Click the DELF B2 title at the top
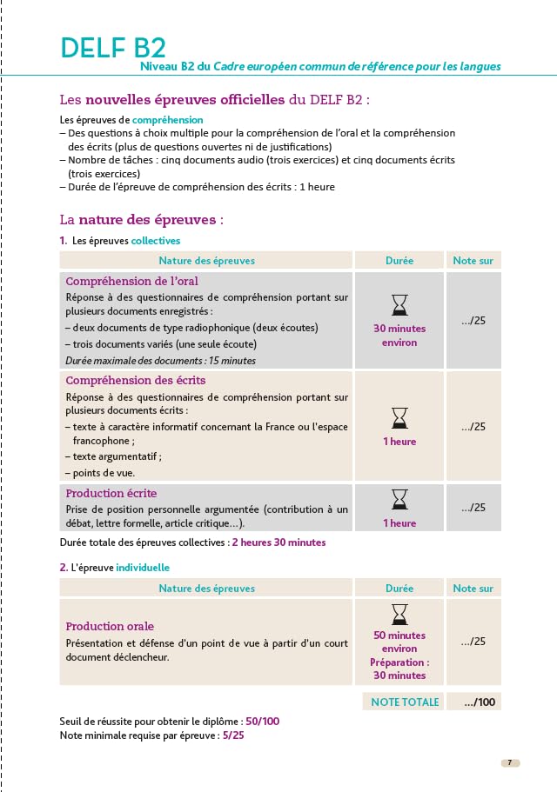click(x=113, y=48)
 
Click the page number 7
click(x=510, y=762)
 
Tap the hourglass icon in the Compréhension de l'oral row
click(x=399, y=304)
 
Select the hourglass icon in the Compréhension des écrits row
click(x=399, y=417)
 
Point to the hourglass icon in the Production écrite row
click(x=399, y=499)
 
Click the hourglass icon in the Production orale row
click(x=399, y=614)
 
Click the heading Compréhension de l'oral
click(x=132, y=281)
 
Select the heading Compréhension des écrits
click(x=136, y=380)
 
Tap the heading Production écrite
click(x=111, y=493)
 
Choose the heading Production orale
click(x=110, y=626)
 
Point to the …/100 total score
click(x=480, y=702)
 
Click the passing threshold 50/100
click(x=262, y=722)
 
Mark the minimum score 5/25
click(x=234, y=735)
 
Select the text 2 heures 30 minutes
click(x=278, y=542)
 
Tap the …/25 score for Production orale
click(x=473, y=642)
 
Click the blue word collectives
click(x=156, y=241)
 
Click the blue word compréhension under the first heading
click(x=168, y=119)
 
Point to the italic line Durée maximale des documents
click(x=161, y=360)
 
